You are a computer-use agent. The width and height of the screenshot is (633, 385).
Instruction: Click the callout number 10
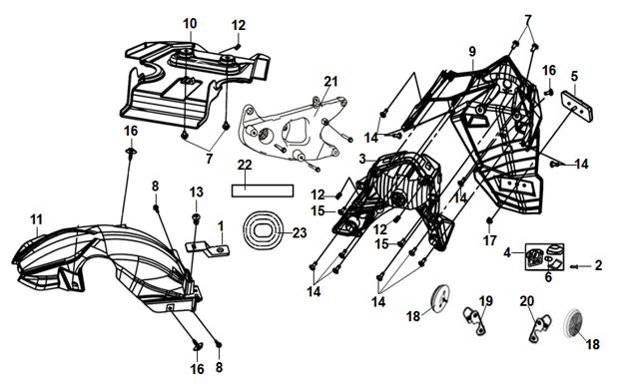tap(190, 23)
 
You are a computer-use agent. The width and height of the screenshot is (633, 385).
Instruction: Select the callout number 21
tap(330, 82)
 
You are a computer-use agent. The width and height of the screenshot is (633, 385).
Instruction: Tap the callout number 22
tap(245, 165)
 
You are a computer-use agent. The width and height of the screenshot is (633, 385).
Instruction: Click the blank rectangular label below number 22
tap(263, 191)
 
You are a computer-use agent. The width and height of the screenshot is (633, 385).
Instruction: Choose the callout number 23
tap(300, 233)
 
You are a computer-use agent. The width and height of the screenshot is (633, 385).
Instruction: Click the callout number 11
tap(36, 219)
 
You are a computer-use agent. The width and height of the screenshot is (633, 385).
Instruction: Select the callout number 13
tap(197, 192)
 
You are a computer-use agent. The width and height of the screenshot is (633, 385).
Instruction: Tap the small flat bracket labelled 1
tap(208, 249)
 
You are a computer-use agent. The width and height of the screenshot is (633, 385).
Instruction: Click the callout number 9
tap(472, 52)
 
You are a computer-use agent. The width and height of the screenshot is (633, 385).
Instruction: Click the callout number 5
tap(574, 76)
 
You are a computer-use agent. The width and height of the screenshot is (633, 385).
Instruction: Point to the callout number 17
tap(489, 240)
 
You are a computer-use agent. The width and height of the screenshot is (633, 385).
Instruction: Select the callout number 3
tap(362, 159)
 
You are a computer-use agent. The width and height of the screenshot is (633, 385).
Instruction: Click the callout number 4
tap(507, 252)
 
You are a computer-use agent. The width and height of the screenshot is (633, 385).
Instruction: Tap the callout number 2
tap(598, 265)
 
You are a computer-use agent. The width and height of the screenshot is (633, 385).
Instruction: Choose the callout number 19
tap(486, 301)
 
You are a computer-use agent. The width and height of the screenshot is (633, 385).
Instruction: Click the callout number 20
tap(527, 301)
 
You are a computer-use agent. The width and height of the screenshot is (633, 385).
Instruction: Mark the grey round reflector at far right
tap(573, 321)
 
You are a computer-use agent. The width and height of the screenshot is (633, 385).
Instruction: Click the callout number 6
tap(548, 277)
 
